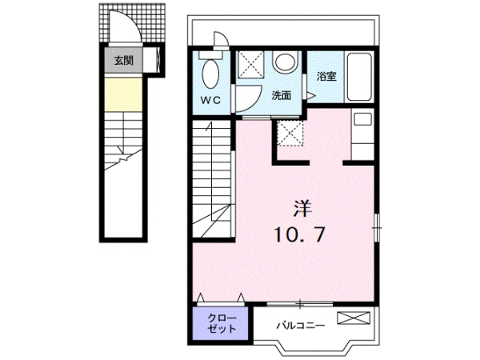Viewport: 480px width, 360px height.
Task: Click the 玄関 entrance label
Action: coord(124,60)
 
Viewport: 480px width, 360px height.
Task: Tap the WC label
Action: coord(210,100)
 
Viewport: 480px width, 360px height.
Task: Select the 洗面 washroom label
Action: coord(282,96)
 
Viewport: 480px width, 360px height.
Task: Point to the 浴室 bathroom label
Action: coord(326,76)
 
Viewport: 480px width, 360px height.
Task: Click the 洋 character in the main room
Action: coord(302,209)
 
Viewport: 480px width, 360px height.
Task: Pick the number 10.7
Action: coord(299,234)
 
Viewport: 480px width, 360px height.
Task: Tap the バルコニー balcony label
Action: coord(300,325)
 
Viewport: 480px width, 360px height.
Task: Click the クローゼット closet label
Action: coord(222,323)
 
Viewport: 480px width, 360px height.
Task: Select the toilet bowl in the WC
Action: coord(210,74)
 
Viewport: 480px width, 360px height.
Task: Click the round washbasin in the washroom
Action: coord(286,62)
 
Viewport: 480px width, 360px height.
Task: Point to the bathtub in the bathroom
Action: coord(358,77)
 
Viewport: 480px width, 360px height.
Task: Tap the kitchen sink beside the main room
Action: coord(362,118)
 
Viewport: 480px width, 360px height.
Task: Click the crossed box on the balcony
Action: coord(354,318)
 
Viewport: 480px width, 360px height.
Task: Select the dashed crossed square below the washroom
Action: coord(290,134)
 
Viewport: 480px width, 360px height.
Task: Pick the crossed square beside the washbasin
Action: coord(251,64)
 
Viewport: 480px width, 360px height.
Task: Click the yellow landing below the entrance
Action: coord(124,94)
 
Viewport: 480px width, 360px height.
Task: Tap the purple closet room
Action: coord(221,323)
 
